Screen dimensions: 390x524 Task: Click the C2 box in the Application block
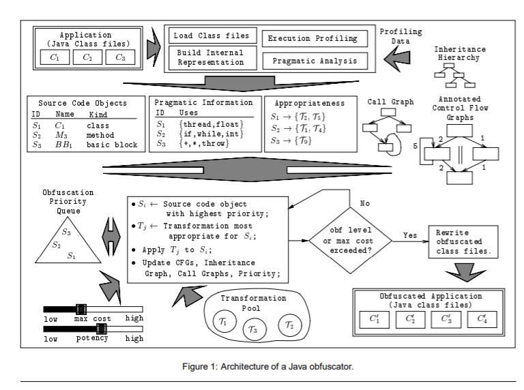87,57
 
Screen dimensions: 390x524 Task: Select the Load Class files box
211,35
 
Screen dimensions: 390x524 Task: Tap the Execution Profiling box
315,39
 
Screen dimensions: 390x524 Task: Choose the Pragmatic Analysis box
315,61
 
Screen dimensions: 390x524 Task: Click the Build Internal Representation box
211,57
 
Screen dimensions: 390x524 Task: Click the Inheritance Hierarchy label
461,53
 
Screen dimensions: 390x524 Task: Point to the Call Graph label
390,102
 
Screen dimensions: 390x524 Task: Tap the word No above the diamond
364,203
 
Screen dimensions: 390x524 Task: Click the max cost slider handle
81,309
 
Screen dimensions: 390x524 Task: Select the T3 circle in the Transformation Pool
253,329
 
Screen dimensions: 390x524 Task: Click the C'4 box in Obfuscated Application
482,318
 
